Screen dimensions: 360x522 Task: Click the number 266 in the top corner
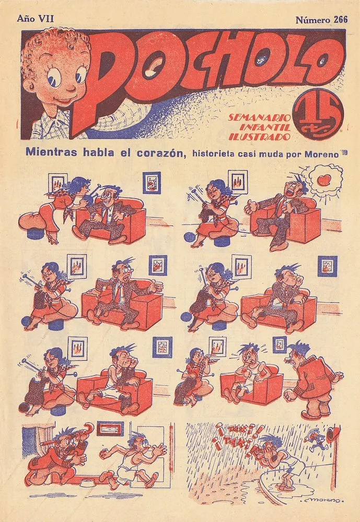(341, 20)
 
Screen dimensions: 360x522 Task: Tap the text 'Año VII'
(36, 18)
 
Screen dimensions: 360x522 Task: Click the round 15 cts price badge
(318, 114)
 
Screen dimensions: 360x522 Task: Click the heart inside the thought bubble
(324, 180)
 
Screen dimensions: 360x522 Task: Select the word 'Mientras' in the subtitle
(51, 152)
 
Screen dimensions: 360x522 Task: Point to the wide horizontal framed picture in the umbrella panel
(110, 429)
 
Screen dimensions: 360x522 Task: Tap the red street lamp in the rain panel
(334, 434)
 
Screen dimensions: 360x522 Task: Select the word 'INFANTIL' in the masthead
(265, 127)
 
